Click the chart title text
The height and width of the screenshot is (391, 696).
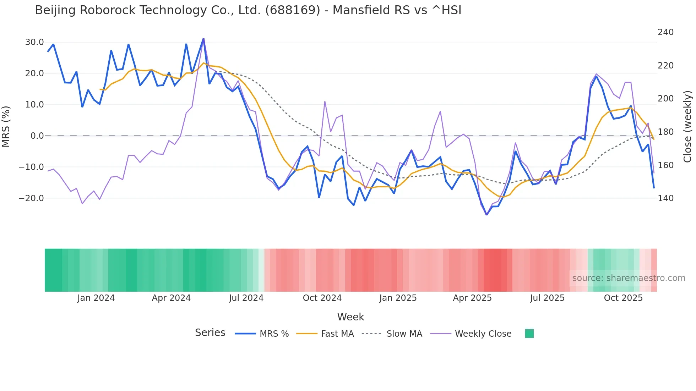[x=248, y=10]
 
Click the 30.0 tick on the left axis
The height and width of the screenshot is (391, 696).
[x=34, y=42]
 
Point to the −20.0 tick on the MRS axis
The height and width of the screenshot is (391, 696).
[x=31, y=198]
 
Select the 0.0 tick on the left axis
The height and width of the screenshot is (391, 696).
[x=37, y=136]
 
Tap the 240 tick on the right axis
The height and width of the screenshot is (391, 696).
[x=665, y=32]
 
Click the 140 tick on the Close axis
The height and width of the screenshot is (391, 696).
[x=665, y=198]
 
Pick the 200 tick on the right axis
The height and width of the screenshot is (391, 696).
[x=665, y=99]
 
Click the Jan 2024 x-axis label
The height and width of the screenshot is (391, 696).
[x=96, y=298]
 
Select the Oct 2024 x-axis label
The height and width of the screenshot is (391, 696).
[x=322, y=298]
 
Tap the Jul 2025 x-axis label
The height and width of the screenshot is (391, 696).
[x=547, y=298]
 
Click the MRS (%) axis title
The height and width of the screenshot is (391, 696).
[x=6, y=127]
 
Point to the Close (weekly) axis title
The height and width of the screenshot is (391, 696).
[x=687, y=127]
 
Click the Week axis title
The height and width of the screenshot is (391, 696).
[x=350, y=317]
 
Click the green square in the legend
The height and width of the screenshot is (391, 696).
[x=529, y=334]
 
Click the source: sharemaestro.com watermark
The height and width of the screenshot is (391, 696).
[x=629, y=278]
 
